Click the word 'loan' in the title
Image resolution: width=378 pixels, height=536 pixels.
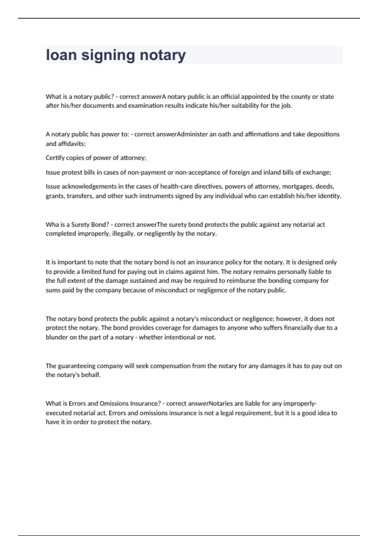coord(61,55)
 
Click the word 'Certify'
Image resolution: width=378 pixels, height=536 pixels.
coord(55,158)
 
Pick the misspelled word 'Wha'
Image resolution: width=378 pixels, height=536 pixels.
coord(51,224)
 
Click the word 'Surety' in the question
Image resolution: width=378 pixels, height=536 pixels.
coord(81,225)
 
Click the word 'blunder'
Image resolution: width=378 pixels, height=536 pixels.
coord(57,337)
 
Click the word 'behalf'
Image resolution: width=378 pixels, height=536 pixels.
coord(91,375)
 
